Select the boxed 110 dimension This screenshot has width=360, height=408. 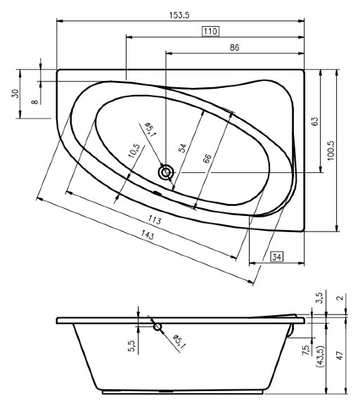pyautogui.click(x=210, y=31)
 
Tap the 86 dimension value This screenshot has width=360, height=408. pyautogui.click(x=234, y=47)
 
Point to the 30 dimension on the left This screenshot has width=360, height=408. pyautogui.click(x=15, y=95)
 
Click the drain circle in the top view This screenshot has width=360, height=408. pyautogui.click(x=166, y=172)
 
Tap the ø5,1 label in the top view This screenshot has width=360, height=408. pyautogui.click(x=150, y=132)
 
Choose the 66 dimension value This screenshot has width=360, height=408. pyautogui.click(x=207, y=158)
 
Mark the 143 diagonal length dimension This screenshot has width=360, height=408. pyautogui.click(x=149, y=237)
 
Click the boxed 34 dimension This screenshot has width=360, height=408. pyautogui.click(x=276, y=257)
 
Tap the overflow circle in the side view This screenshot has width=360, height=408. pyautogui.click(x=157, y=326)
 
